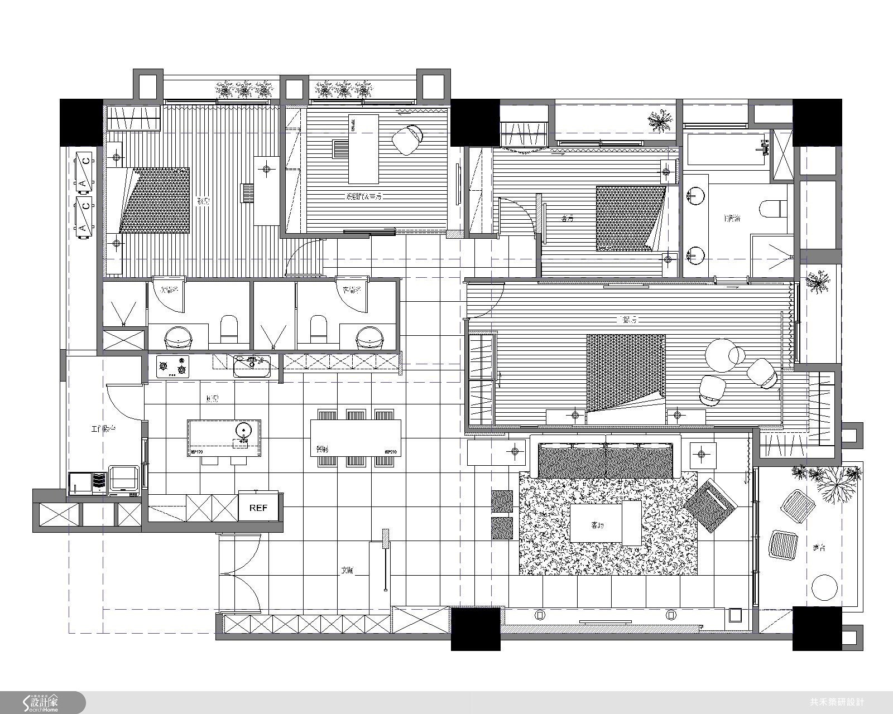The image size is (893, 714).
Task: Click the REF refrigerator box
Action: tap(258, 508)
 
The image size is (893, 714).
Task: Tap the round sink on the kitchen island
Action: tap(243, 430)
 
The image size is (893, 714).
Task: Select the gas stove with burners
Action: tap(172, 366)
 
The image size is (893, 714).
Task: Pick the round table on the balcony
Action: tap(824, 587)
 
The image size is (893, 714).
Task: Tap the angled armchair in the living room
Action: tap(710, 504)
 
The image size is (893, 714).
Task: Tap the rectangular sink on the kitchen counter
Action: tap(252, 366)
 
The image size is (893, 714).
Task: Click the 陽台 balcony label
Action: tap(819, 548)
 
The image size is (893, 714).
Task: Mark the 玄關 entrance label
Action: tap(347, 571)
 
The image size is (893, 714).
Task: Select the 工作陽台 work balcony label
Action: tap(103, 429)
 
